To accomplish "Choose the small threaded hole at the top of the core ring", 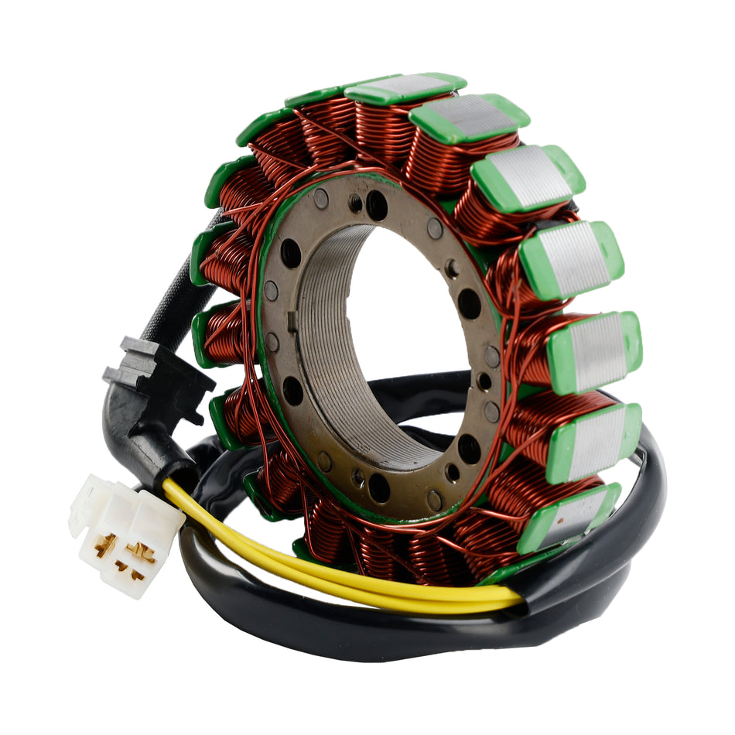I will click(x=356, y=203).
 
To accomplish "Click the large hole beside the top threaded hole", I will click(x=378, y=204).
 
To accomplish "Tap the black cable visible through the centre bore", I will click(x=422, y=387).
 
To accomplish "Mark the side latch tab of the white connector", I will click(x=78, y=514).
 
